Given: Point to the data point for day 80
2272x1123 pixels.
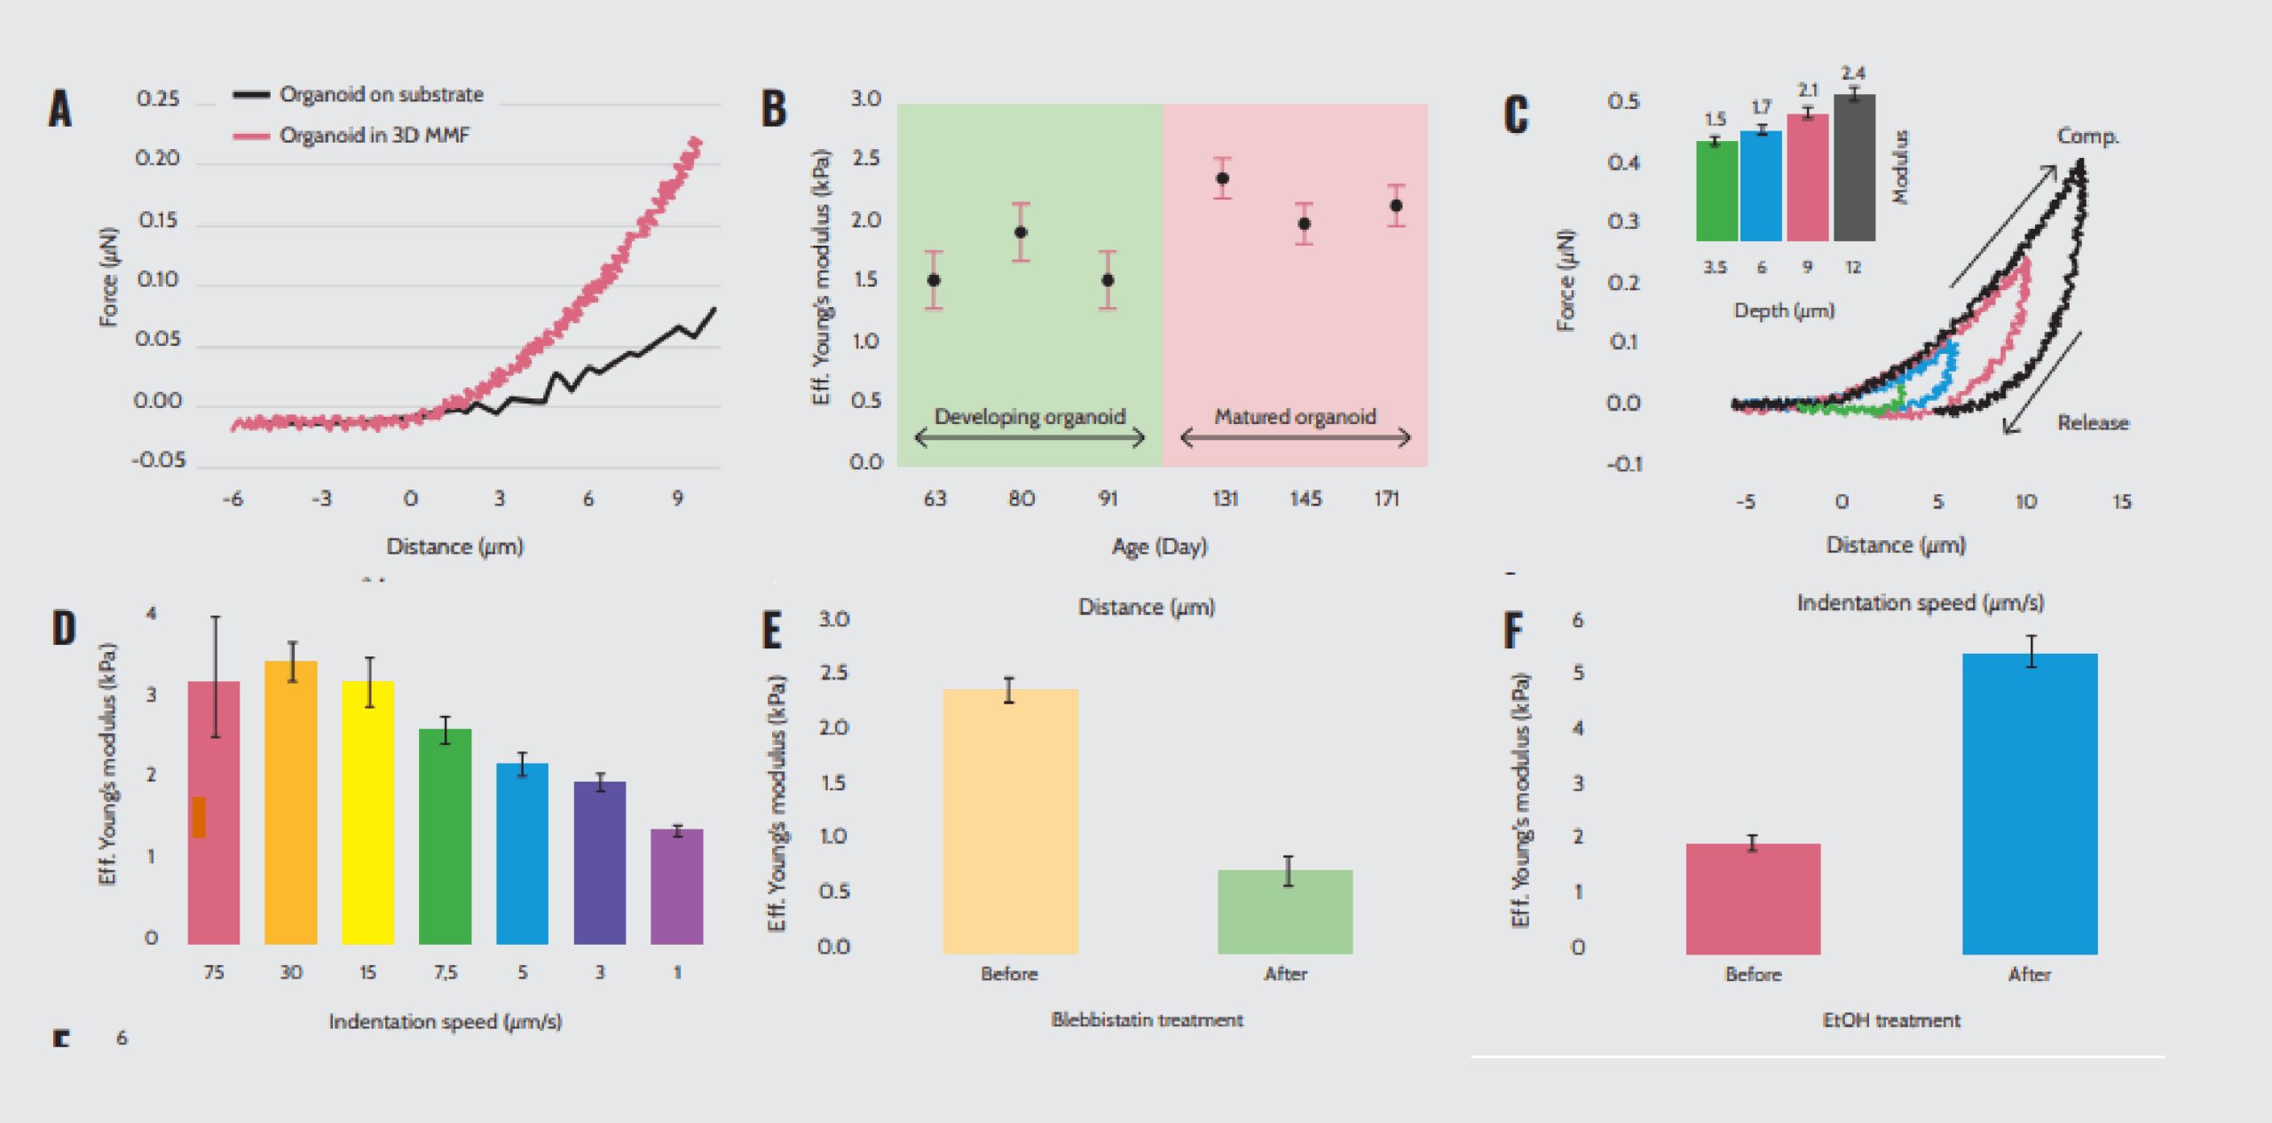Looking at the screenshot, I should (x=1021, y=232).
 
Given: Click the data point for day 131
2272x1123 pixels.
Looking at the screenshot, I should (x=1222, y=178).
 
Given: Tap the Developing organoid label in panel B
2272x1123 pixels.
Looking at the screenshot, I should (x=1029, y=417).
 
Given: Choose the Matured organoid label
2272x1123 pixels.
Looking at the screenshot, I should (x=1295, y=417).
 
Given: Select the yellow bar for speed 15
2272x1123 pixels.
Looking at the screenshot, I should (x=367, y=812).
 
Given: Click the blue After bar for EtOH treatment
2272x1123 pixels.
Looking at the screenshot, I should (x=2029, y=803).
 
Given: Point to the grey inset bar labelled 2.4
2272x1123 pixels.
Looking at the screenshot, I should (x=1854, y=168).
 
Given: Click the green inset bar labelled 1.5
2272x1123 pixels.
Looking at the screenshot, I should (x=1716, y=191).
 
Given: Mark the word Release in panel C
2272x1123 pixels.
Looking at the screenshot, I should (x=2093, y=423).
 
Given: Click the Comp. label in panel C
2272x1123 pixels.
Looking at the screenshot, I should (x=2087, y=137).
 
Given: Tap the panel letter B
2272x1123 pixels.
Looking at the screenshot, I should (x=774, y=109).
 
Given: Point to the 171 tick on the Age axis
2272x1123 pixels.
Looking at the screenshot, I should (x=1386, y=499).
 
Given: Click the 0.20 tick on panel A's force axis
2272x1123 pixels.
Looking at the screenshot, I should (x=157, y=159).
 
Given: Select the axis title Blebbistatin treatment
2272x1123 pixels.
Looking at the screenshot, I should (x=1147, y=1020).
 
